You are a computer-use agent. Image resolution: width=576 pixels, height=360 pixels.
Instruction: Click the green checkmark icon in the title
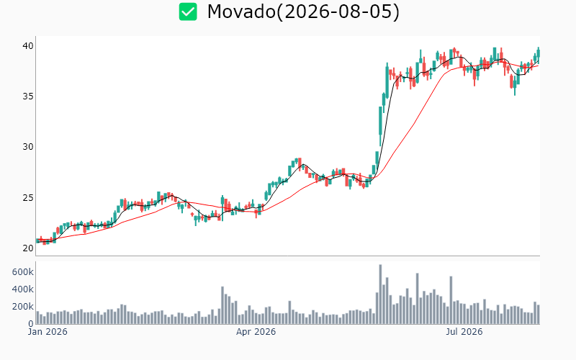[x=188, y=12]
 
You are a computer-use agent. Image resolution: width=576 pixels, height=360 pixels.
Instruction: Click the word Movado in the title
[x=241, y=12]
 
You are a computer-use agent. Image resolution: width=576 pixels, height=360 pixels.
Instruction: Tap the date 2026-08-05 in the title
[x=338, y=12]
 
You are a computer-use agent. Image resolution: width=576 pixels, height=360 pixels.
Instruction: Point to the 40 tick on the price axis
[x=28, y=46]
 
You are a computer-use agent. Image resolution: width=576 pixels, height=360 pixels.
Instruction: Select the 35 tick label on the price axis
[x=28, y=96]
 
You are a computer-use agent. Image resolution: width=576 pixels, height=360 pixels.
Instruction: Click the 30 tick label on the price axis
[x=28, y=147]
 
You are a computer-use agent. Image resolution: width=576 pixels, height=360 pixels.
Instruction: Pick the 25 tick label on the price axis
[x=28, y=197]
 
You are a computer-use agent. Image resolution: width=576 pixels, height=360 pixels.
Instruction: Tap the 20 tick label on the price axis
[x=28, y=248]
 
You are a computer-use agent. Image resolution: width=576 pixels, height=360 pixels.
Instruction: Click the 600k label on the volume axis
[x=23, y=272]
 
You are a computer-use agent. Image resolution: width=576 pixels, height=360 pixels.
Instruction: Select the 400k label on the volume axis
[x=23, y=289]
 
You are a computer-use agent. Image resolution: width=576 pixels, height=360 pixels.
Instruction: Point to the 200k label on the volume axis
[x=23, y=307]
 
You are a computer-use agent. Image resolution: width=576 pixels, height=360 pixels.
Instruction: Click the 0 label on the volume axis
[x=31, y=323]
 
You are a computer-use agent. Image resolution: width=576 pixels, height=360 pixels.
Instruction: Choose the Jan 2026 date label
[x=48, y=332]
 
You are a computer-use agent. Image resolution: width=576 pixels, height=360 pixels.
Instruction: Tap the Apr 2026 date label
[x=256, y=332]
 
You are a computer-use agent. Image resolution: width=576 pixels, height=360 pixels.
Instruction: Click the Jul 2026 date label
[x=464, y=332]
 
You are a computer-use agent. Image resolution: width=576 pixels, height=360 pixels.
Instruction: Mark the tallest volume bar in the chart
[x=380, y=294]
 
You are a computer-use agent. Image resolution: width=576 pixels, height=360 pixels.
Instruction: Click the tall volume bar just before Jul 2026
[x=451, y=300]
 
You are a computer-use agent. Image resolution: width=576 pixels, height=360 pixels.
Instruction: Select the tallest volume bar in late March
[x=222, y=305]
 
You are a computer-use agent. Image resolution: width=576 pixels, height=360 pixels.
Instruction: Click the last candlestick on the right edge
[x=538, y=54]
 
